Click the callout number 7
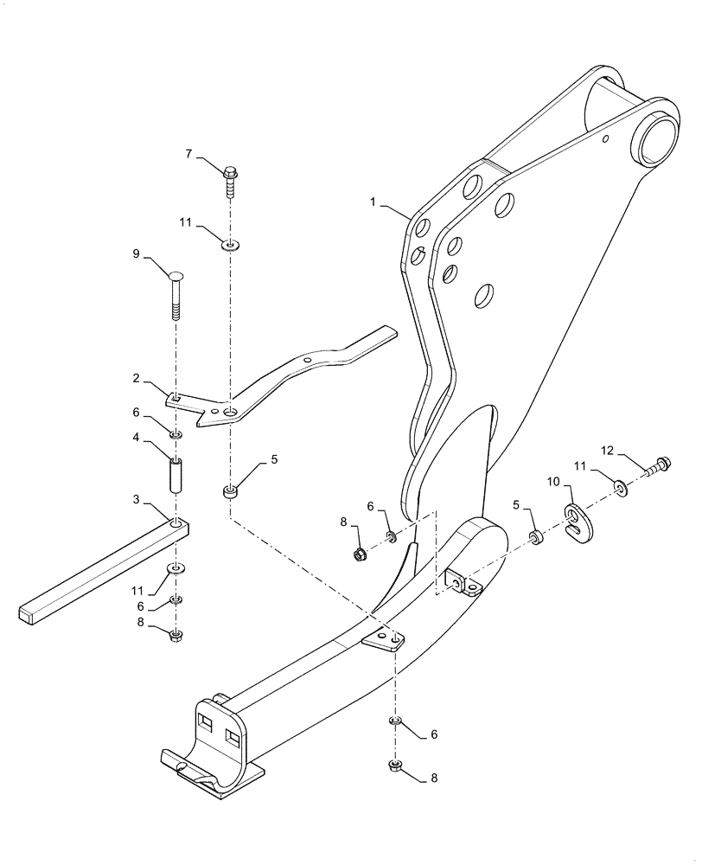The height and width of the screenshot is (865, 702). [x=188, y=154]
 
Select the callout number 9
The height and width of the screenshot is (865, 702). [x=136, y=254]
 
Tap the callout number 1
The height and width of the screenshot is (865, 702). [x=373, y=202]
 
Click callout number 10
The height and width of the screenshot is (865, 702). [x=553, y=481]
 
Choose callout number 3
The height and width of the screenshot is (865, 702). [x=136, y=500]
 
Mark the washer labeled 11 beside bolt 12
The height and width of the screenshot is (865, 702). [x=622, y=489]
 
